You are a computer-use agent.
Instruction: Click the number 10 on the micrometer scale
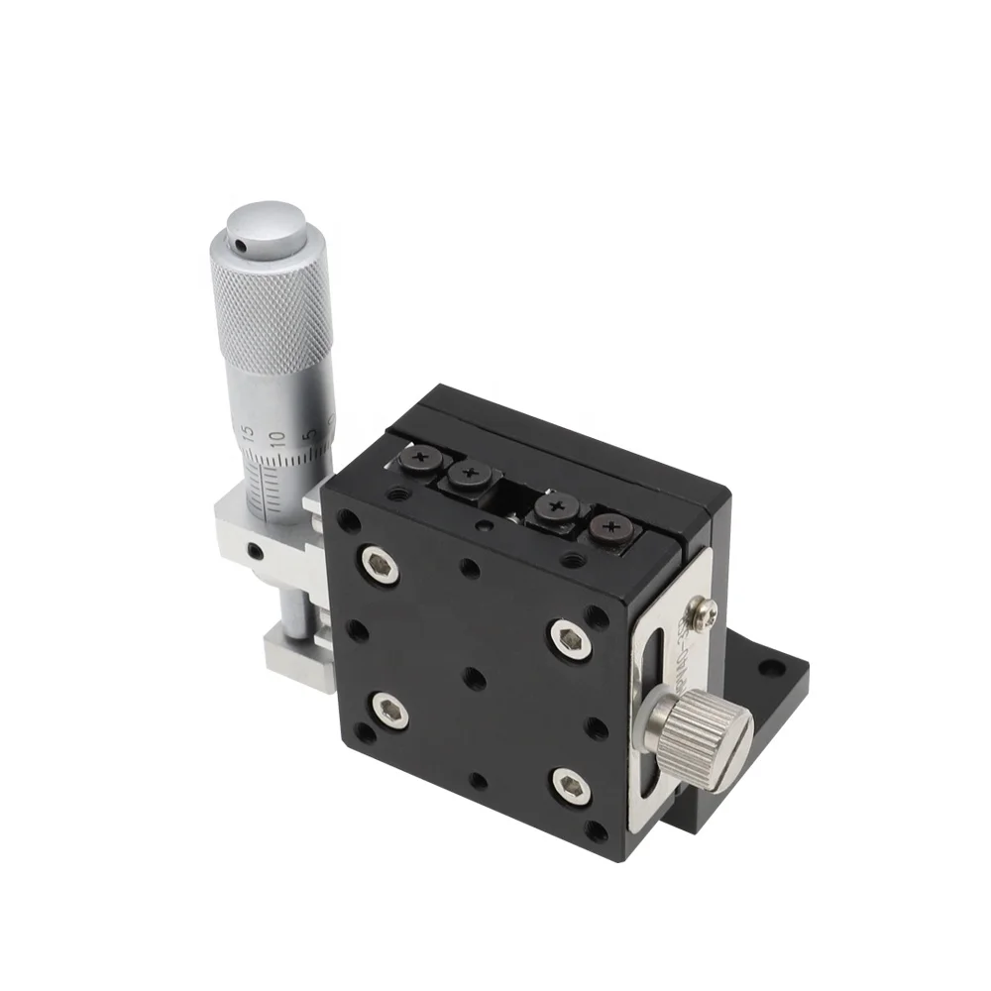(x=278, y=437)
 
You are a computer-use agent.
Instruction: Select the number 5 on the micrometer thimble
(x=309, y=434)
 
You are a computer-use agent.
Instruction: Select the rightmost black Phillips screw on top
(x=607, y=530)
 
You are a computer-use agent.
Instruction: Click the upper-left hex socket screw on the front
(x=382, y=565)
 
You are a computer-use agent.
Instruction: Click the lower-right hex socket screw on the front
(x=570, y=786)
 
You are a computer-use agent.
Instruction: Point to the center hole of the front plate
(x=474, y=678)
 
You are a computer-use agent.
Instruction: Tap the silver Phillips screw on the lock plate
(x=704, y=615)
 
